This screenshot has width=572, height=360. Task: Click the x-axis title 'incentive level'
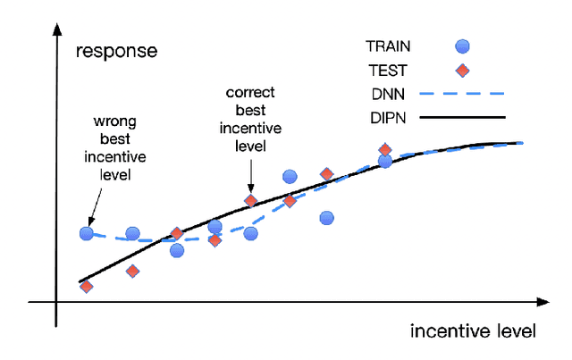473,331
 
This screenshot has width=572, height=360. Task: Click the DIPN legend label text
385,116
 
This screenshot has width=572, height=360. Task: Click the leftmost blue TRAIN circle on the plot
87,233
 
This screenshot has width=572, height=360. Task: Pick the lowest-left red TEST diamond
87,286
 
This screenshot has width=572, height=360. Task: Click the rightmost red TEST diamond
385,150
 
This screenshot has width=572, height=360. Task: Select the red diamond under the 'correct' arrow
251,201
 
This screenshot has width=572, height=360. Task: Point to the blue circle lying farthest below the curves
326,217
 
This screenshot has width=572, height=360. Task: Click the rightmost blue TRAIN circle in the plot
385,162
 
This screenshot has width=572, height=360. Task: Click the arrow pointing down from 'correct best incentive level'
251,174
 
